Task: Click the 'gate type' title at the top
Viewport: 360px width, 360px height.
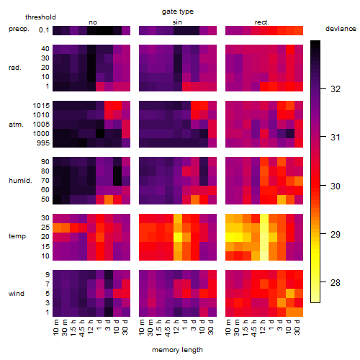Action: click(x=178, y=12)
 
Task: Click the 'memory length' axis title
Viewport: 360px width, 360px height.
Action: click(x=177, y=350)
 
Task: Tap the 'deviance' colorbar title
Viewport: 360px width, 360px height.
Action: click(x=341, y=29)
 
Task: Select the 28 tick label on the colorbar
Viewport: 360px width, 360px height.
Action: click(x=336, y=282)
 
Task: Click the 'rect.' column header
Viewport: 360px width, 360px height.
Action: click(x=261, y=22)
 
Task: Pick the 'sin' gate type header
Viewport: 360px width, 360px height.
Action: click(x=177, y=22)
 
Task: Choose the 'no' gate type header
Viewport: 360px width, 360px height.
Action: click(x=93, y=22)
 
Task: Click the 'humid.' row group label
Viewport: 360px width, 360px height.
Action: click(x=20, y=181)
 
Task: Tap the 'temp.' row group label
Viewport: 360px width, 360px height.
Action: click(x=18, y=236)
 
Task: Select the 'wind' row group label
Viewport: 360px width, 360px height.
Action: click(x=17, y=294)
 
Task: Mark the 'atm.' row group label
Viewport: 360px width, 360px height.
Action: click(x=16, y=125)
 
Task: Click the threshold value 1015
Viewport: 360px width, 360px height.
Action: click(x=41, y=106)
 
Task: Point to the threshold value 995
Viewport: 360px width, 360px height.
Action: click(x=43, y=143)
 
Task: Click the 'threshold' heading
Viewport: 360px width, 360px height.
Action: click(x=40, y=17)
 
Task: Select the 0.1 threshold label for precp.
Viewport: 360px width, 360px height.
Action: click(x=44, y=30)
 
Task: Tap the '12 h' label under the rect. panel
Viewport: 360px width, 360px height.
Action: click(x=262, y=327)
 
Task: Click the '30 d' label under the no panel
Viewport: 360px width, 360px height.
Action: click(x=125, y=327)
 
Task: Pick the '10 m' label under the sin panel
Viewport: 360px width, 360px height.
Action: click(x=142, y=327)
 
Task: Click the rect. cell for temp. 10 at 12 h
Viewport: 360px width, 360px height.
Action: click(x=264, y=256)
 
